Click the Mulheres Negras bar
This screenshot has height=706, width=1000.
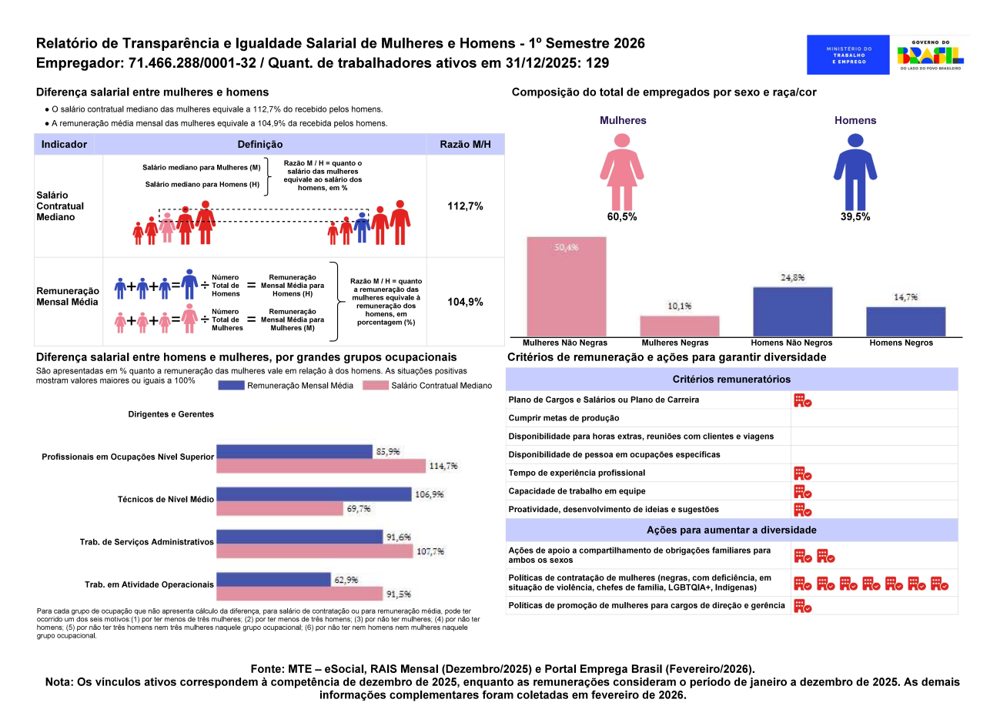pos(680,326)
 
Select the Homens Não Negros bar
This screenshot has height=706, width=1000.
pos(792,312)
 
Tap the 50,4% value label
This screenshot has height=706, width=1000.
pos(566,247)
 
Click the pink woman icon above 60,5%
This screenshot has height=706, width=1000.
pos(621,170)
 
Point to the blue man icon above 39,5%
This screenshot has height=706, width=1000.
pos(855,170)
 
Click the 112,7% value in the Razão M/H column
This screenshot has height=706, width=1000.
pos(465,206)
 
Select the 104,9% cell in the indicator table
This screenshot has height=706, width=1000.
pos(465,302)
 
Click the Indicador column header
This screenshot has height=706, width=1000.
pos(64,144)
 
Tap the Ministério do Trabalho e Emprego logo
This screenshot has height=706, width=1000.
pos(849,55)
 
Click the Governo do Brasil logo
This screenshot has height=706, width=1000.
pos(930,55)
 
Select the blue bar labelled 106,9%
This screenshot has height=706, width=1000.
pos(313,494)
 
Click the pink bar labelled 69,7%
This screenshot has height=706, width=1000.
pos(279,508)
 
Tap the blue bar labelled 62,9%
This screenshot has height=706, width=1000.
pos(273,579)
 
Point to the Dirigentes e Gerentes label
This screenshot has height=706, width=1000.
pos(171,414)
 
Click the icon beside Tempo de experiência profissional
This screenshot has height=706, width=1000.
pos(802,473)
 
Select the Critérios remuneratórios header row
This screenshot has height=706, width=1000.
pos(731,380)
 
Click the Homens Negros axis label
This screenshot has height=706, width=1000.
pos(901,343)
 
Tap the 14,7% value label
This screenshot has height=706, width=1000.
pos(905,297)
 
